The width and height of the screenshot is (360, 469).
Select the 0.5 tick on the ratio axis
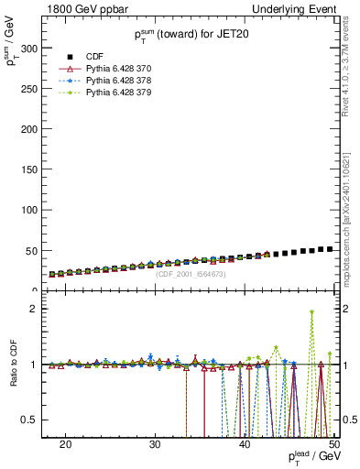point(38,420)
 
